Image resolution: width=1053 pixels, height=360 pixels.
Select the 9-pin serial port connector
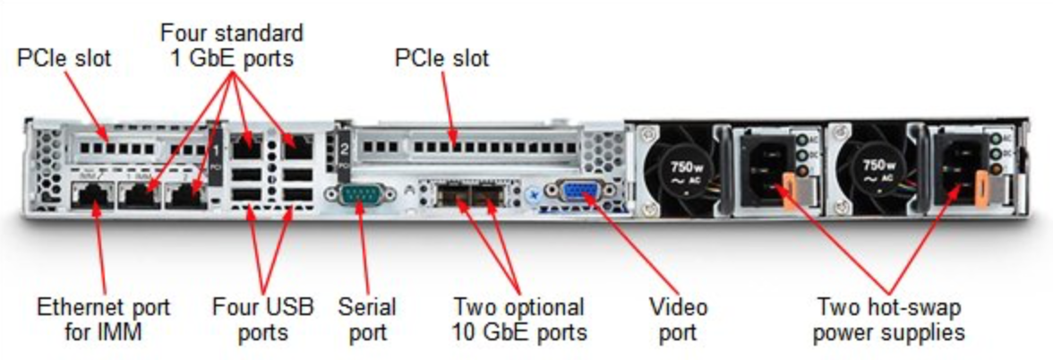click(x=360, y=194)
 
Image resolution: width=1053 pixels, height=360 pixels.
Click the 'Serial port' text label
click(x=362, y=321)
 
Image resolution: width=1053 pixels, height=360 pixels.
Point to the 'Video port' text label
click(x=678, y=321)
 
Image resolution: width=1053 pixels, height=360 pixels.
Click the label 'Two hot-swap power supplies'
click(x=890, y=321)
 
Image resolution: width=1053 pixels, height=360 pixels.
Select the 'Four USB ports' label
click(x=263, y=321)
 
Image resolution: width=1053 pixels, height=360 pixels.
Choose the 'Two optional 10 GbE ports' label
click(x=519, y=321)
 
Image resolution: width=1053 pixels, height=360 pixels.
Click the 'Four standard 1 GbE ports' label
click(x=232, y=46)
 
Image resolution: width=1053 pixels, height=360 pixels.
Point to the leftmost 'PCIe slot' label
click(x=64, y=59)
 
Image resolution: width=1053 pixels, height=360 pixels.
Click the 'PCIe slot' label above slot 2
click(x=442, y=59)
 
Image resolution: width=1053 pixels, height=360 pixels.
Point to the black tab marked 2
click(x=342, y=145)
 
